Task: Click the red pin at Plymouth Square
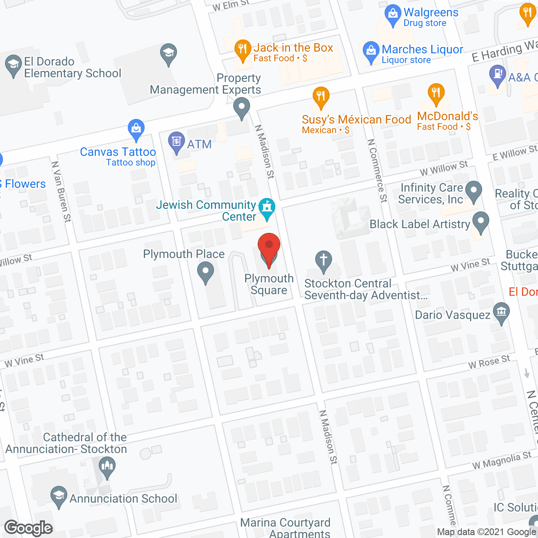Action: click(269, 248)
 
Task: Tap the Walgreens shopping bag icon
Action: click(393, 15)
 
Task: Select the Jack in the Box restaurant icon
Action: click(242, 50)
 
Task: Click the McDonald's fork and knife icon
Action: click(436, 93)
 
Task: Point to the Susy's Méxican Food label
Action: click(356, 120)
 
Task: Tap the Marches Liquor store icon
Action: click(371, 51)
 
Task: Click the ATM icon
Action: click(177, 142)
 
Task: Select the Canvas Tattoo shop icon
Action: click(136, 129)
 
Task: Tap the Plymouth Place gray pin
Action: click(206, 272)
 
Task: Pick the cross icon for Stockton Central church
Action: click(324, 261)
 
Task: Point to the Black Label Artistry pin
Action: click(481, 222)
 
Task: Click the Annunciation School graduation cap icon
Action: click(59, 496)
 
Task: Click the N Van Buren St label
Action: click(61, 191)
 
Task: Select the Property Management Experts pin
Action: click(241, 107)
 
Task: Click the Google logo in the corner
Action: click(29, 528)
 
